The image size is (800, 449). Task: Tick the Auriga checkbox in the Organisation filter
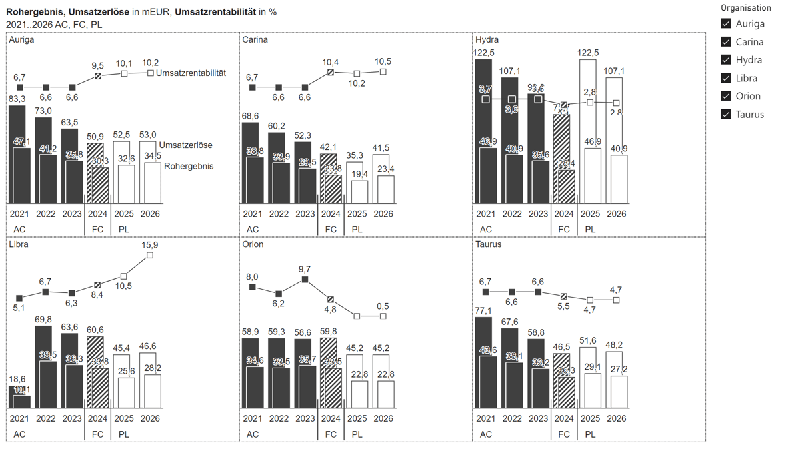coord(726,23)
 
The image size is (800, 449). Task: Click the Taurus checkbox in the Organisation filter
coord(726,114)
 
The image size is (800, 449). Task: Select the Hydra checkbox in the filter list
coord(726,60)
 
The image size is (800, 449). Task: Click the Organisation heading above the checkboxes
coord(745,8)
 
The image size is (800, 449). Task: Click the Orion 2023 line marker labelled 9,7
coord(305,280)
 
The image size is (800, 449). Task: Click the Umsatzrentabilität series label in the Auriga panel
coord(191,73)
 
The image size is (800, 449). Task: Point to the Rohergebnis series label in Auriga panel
coord(189,166)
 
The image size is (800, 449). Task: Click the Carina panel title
coord(255,40)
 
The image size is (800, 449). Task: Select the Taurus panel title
coord(489,244)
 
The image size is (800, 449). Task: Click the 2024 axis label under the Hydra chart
coord(564,214)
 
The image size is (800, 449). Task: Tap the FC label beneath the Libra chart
coord(97,434)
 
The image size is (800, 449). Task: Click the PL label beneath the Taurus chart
coord(591,434)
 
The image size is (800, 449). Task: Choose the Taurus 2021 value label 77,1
coord(486,310)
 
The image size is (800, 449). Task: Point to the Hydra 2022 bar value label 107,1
coord(512,71)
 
